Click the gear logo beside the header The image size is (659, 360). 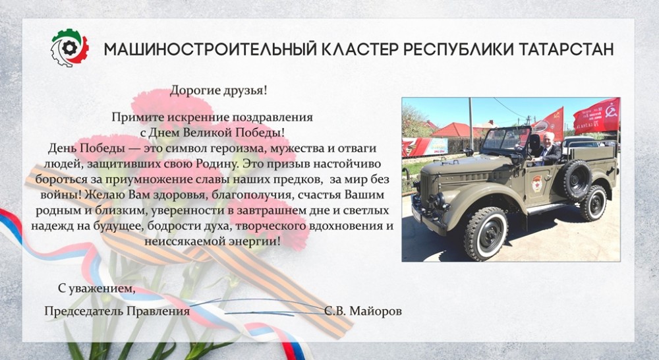[x=70, y=48]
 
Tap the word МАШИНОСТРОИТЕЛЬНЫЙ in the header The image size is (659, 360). [x=210, y=49]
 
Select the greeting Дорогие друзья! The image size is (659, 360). [x=219, y=90]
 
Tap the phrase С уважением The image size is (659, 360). [x=97, y=289]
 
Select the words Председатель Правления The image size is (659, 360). [x=117, y=311]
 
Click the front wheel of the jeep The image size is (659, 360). [x=486, y=233]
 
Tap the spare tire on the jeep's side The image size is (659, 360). [x=577, y=181]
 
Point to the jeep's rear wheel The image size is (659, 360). [x=594, y=203]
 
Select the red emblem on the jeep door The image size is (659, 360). [x=536, y=184]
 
